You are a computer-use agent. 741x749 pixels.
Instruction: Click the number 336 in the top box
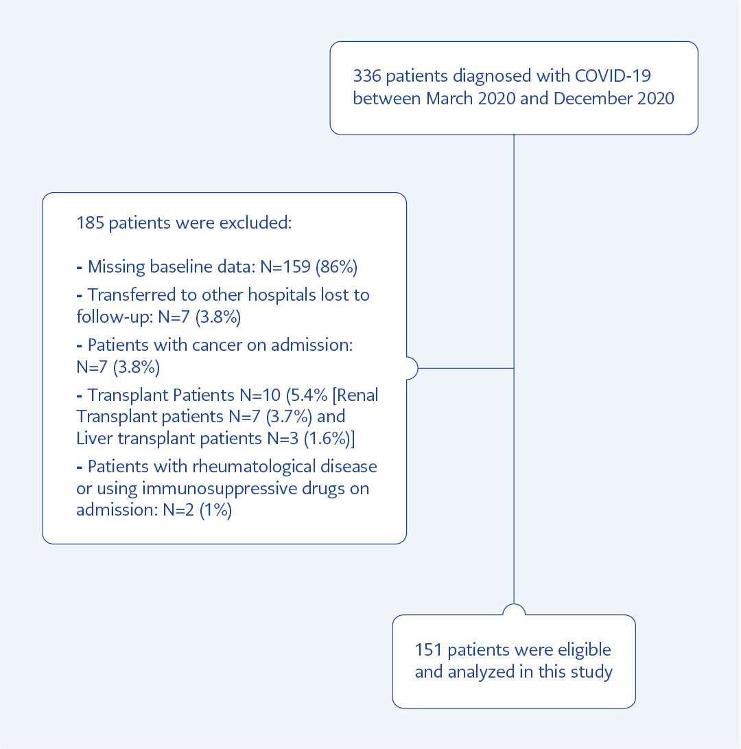(366, 76)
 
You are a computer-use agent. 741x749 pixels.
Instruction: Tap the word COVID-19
(613, 76)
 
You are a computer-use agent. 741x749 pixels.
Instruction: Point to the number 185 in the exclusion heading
(91, 222)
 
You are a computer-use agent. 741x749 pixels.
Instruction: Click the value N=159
(285, 266)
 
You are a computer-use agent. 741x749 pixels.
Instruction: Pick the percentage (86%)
(337, 266)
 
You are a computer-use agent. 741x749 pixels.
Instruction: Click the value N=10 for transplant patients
(260, 395)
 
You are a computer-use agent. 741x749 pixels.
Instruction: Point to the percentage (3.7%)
(289, 417)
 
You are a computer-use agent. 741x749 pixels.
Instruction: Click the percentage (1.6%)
(327, 438)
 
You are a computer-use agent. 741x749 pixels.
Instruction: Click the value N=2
(178, 510)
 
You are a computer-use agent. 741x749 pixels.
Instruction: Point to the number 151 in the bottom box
(429, 649)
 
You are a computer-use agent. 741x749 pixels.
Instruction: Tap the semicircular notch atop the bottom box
(514, 609)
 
